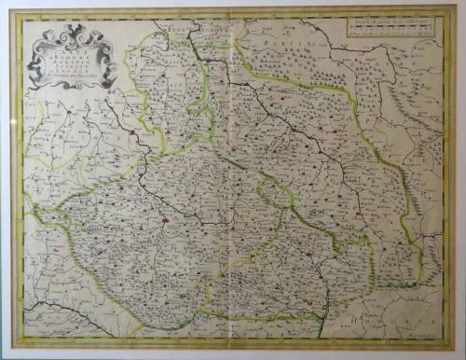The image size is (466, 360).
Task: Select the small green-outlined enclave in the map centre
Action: pos(272,194)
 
